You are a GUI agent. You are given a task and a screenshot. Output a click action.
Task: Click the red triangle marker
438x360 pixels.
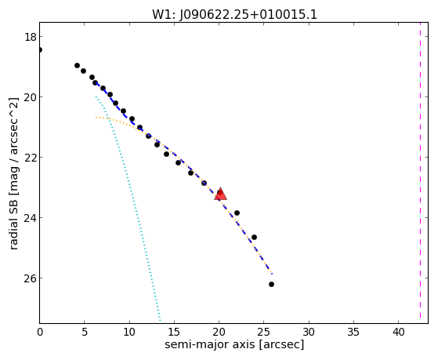pyautogui.click(x=221, y=195)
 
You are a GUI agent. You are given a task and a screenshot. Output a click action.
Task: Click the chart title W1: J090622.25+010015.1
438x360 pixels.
pyautogui.click(x=234, y=14)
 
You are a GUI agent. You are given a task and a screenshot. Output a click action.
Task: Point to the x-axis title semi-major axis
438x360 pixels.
pyautogui.click(x=209, y=344)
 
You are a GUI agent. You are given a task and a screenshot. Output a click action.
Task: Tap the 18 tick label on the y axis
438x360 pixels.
pyautogui.click(x=30, y=37)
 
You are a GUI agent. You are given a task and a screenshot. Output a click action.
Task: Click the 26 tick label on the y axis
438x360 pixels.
pyautogui.click(x=30, y=278)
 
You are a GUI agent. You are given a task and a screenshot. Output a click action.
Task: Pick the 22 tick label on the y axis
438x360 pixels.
pyautogui.click(x=30, y=157)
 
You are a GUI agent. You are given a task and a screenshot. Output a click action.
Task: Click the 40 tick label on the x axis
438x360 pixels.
pyautogui.click(x=398, y=332)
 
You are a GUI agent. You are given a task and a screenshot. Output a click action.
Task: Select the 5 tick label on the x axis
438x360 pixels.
pyautogui.click(x=85, y=332)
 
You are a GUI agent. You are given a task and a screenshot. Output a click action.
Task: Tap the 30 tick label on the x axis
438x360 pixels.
pyautogui.click(x=309, y=332)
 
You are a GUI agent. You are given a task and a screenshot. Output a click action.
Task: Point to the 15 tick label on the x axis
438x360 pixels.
pyautogui.click(x=174, y=332)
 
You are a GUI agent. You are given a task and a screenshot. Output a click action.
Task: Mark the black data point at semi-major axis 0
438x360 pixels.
pyautogui.click(x=40, y=49)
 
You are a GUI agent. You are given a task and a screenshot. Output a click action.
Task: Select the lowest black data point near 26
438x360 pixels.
pyautogui.click(x=271, y=284)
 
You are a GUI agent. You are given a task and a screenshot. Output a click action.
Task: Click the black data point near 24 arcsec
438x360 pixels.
pyautogui.click(x=254, y=237)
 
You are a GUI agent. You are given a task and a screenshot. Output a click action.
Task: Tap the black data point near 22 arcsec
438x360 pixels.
pyautogui.click(x=237, y=213)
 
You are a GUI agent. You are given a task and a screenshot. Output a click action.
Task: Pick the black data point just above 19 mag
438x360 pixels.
pyautogui.click(x=77, y=65)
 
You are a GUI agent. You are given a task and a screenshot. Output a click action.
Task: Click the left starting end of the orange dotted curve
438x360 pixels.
pyautogui.click(x=96, y=117)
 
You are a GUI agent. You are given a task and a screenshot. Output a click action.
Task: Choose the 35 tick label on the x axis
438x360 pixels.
pyautogui.click(x=353, y=332)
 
